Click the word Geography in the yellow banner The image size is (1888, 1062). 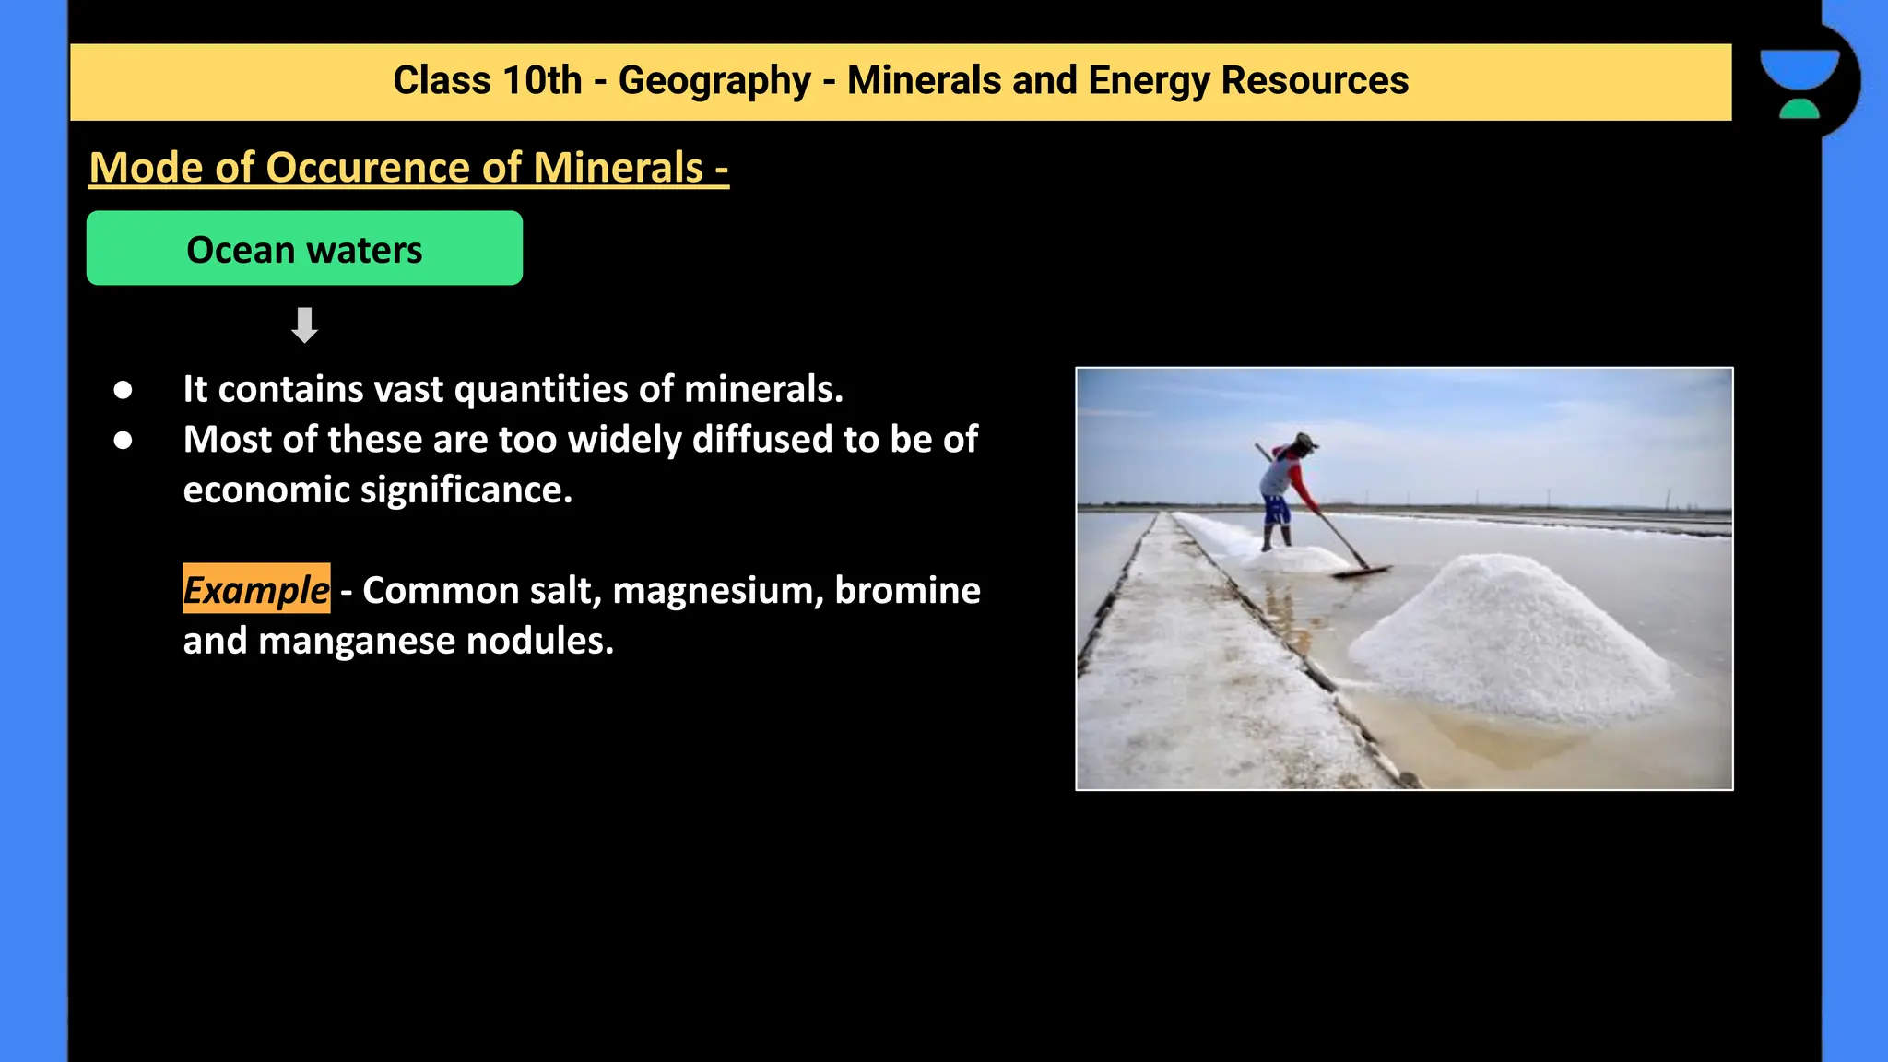(714, 81)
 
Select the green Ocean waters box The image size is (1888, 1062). (304, 248)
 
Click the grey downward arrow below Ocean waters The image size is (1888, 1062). (304, 324)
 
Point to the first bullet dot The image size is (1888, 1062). (123, 390)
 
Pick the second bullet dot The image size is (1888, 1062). (123, 441)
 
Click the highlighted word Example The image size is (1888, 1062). (256, 590)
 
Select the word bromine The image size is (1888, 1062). (907, 590)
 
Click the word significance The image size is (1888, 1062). (466, 490)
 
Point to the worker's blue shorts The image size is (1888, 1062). (1276, 509)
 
